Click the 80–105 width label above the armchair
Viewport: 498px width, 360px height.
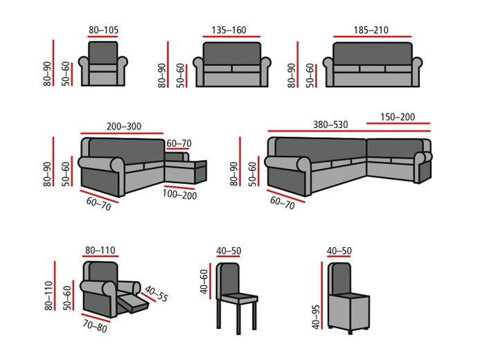pyautogui.click(x=104, y=30)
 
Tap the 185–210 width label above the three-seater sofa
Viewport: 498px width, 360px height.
pyautogui.click(x=371, y=30)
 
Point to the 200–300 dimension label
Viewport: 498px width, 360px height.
pyautogui.click(x=124, y=127)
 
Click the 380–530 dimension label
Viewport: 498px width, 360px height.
pyautogui.click(x=330, y=125)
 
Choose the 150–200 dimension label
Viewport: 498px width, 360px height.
pyautogui.click(x=398, y=117)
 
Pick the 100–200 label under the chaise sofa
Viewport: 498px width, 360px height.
pyautogui.click(x=180, y=195)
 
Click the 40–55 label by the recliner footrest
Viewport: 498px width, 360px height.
pyautogui.click(x=157, y=292)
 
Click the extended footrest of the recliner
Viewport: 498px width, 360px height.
pyautogui.click(x=133, y=303)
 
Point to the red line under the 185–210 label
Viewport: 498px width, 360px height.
pyautogui.click(x=371, y=37)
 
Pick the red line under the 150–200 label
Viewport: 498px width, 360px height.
pyautogui.click(x=398, y=124)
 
